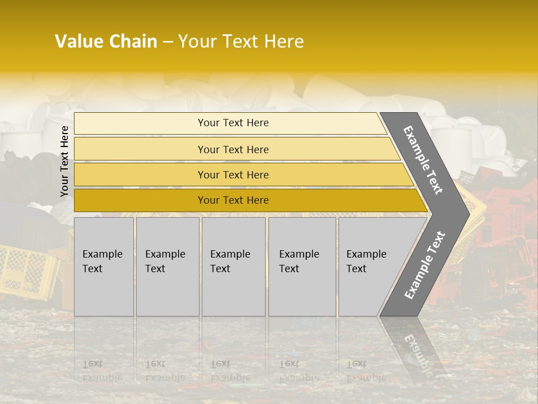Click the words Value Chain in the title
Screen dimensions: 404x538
pos(106,42)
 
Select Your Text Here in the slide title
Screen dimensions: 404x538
pos(241,42)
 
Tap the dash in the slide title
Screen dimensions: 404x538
pos(168,42)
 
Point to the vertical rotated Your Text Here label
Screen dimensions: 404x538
pos(64,161)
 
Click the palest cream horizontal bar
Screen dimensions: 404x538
pos(233,123)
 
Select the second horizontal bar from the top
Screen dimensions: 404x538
pos(233,149)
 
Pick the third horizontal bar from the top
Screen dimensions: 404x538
pos(233,175)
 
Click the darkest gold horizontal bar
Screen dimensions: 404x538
pos(233,200)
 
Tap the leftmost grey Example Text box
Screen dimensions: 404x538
pos(104,267)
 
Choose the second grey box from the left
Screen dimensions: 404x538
pos(167,267)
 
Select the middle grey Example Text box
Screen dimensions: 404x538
pos(233,267)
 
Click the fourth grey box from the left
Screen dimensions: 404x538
pos(302,267)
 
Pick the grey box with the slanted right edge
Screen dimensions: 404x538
pos(370,267)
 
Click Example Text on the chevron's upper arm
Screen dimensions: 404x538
pos(423,160)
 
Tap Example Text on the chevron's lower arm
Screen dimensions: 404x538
pos(425,265)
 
